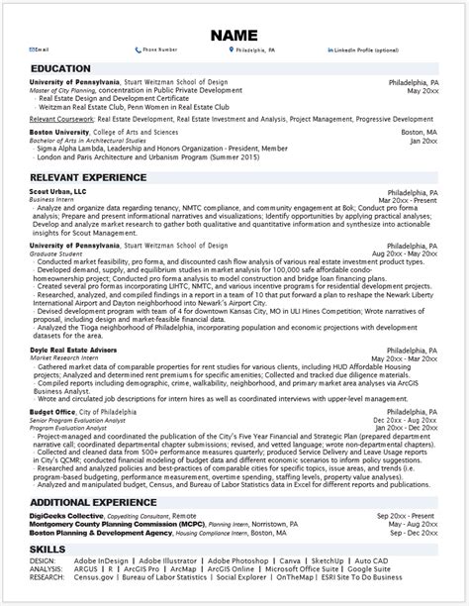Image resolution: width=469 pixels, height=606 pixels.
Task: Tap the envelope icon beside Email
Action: pyautogui.click(x=34, y=48)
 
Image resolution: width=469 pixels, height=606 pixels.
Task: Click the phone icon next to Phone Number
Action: pyautogui.click(x=138, y=48)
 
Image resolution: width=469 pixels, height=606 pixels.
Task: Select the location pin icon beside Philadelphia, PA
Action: pyautogui.click(x=230, y=48)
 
